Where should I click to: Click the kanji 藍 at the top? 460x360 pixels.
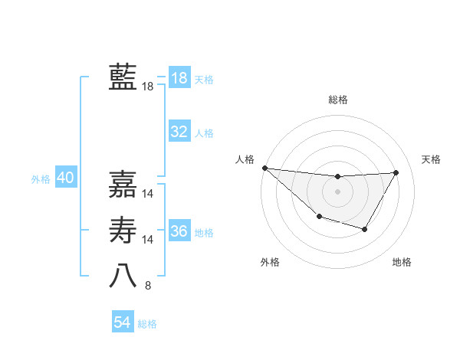tap(123, 77)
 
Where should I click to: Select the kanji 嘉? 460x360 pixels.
tap(123, 185)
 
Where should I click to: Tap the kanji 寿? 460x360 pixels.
tap(123, 231)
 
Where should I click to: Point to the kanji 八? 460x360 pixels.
tap(123, 277)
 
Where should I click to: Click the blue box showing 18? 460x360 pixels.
tap(179, 78)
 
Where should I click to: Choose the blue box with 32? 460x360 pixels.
tap(179, 132)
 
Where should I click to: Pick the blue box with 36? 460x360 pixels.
tap(179, 231)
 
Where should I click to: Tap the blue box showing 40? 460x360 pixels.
tap(65, 178)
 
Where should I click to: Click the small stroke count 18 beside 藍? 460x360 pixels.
tap(148, 87)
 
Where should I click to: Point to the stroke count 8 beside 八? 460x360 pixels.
tap(148, 286)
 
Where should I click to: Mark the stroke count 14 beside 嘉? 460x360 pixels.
tap(148, 194)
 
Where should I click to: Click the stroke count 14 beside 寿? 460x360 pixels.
tap(148, 240)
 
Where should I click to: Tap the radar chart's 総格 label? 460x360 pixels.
tap(338, 100)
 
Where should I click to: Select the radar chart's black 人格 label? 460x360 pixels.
tap(245, 159)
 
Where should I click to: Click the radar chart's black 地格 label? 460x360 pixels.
tap(402, 262)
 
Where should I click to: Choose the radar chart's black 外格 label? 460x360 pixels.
tap(270, 262)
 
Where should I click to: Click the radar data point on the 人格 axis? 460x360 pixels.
tap(264, 168)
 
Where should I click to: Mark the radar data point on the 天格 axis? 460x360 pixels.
tap(396, 172)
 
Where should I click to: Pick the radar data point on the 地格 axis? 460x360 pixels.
tap(365, 229)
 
